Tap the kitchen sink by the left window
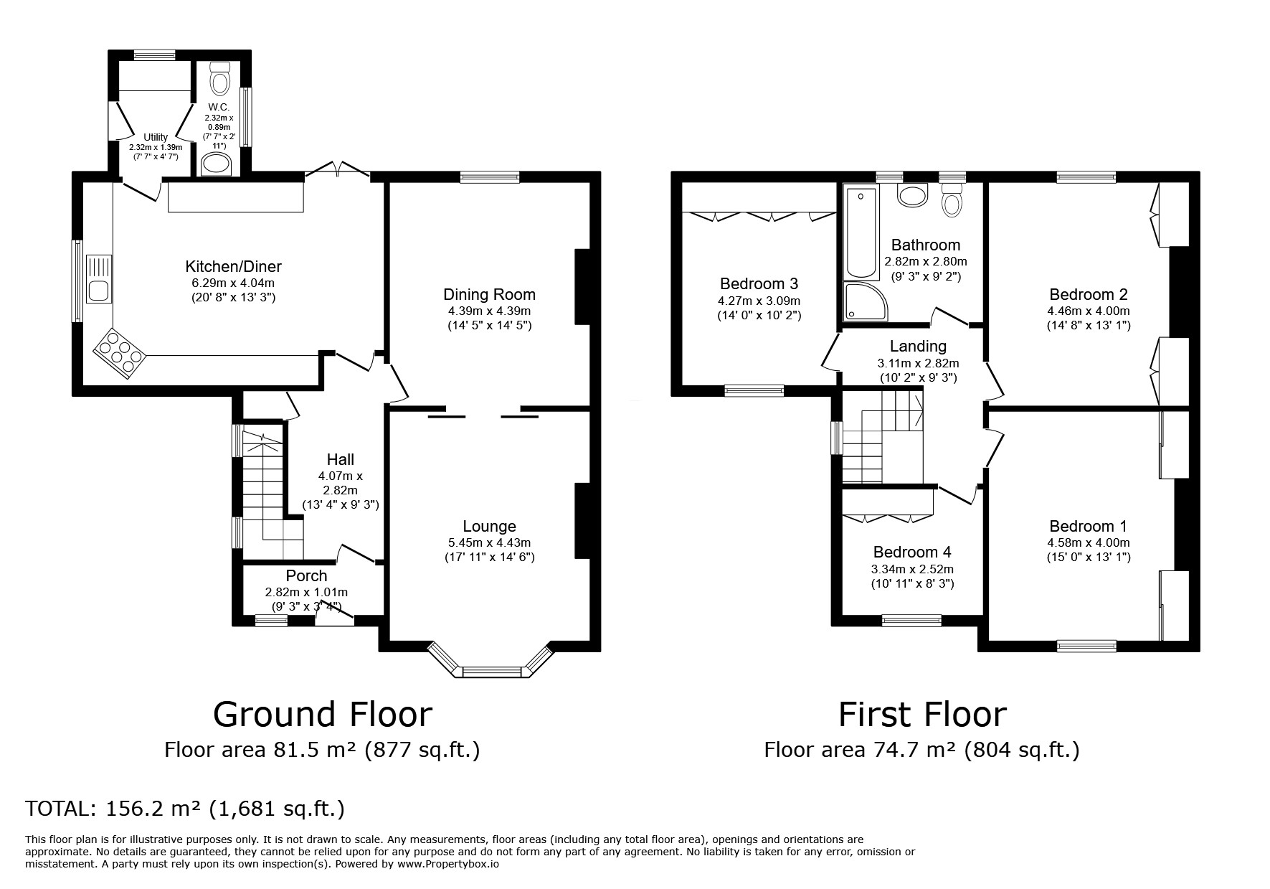(x=98, y=279)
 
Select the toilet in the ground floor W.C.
(x=220, y=77)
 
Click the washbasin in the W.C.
(x=217, y=164)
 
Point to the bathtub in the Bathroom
(x=861, y=232)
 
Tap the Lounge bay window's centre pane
(x=495, y=672)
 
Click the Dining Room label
(x=490, y=294)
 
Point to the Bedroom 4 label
(x=912, y=552)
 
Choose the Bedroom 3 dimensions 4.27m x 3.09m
(x=759, y=301)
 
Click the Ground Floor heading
(x=323, y=714)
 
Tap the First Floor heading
(x=922, y=714)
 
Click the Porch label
(x=306, y=575)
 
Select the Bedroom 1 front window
(x=1086, y=646)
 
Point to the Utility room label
(x=156, y=137)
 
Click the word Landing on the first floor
(x=918, y=347)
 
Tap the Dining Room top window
(x=490, y=177)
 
